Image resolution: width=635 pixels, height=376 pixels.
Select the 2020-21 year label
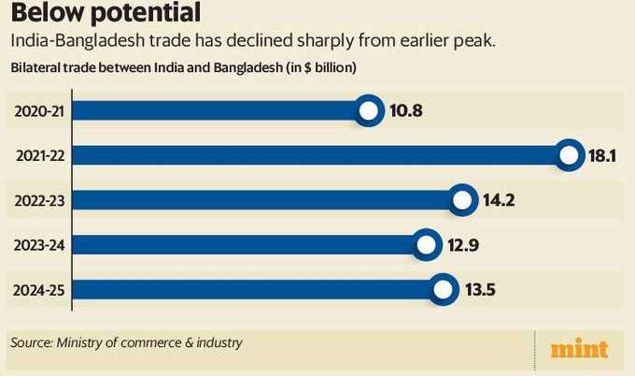point(38,111)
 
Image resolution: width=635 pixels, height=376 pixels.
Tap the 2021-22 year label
point(38,155)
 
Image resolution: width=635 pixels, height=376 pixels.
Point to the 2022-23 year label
point(38,200)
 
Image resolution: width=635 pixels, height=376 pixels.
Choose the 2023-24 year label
point(38,245)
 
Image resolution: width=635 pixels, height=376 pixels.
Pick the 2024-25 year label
point(38,289)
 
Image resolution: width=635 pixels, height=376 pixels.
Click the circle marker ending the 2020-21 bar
point(369,112)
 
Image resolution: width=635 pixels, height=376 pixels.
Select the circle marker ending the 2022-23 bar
point(461,200)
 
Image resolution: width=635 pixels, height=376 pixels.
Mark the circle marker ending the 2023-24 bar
point(426,245)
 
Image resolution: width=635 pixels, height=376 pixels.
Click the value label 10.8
point(407,112)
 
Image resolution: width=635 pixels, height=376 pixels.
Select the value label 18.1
point(603,156)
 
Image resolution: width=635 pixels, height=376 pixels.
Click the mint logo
point(579,349)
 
